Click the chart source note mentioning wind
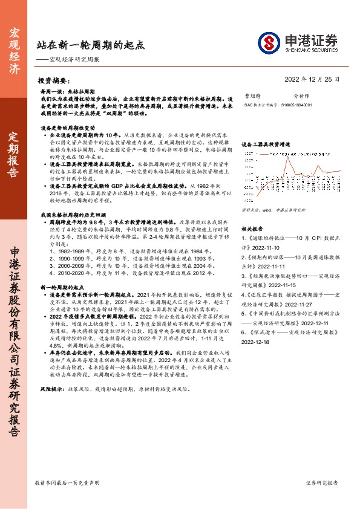pos(271,193)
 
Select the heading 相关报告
pos(254,212)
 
